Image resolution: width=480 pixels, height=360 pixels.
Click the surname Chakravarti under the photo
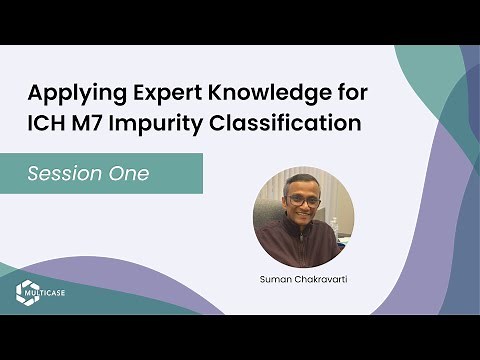click(323, 273)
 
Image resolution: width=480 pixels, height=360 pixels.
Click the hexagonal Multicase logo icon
click(26, 292)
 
